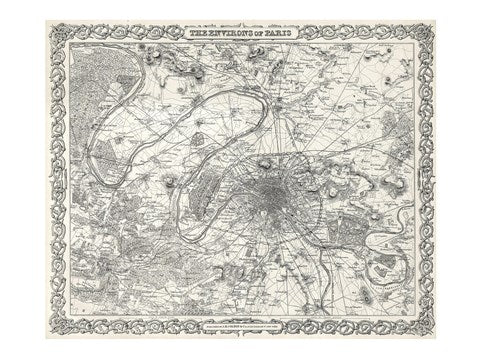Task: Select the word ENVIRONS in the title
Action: (x=227, y=34)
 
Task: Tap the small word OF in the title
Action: (x=257, y=34)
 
